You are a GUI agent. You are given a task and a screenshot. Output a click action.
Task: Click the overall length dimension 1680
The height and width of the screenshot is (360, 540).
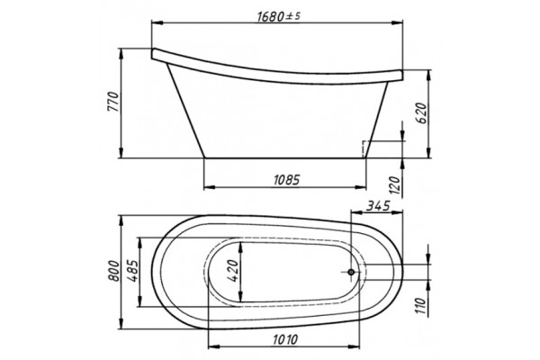coord(271,16)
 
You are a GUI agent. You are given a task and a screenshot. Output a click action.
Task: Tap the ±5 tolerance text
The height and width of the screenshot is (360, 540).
coord(291,16)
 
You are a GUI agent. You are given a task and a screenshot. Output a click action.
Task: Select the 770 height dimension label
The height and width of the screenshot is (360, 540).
coord(113,102)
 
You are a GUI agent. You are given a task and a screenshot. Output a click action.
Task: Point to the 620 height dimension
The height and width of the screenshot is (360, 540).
coord(421,113)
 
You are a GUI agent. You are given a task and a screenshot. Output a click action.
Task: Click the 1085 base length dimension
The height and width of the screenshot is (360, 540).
coord(287,180)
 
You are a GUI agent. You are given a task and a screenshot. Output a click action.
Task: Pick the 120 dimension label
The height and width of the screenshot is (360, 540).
coord(396,186)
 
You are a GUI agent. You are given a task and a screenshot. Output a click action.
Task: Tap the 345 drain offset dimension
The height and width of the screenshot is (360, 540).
coord(377,206)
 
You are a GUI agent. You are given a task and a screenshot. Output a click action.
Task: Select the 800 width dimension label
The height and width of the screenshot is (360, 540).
coord(114,271)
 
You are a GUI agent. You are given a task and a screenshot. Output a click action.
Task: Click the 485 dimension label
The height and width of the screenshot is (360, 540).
coord(133,271)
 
